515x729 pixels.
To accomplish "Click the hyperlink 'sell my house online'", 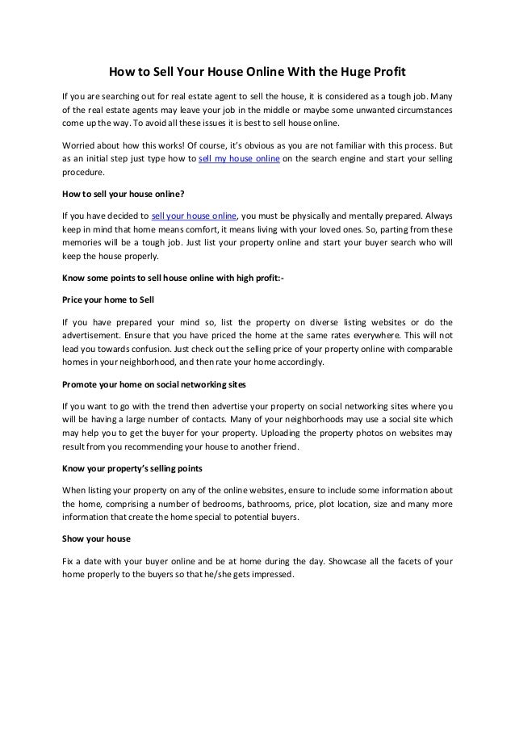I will [240, 157].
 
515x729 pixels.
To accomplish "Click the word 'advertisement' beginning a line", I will [93, 333].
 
